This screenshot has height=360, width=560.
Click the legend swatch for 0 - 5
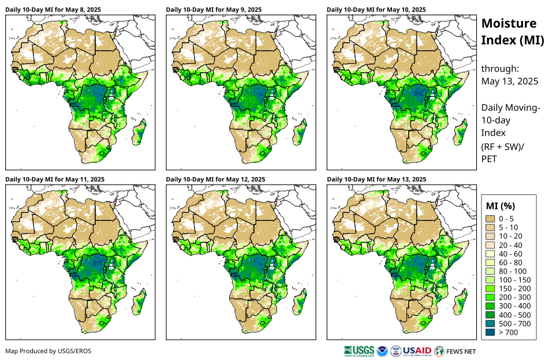[x=491, y=219]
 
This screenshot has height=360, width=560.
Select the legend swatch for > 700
[x=491, y=332]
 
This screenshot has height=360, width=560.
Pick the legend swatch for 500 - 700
[x=491, y=324]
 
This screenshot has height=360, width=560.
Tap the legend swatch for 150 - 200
[x=491, y=288]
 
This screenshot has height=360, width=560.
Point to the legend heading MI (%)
[x=501, y=205]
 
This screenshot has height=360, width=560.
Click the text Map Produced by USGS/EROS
[x=48, y=351]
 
